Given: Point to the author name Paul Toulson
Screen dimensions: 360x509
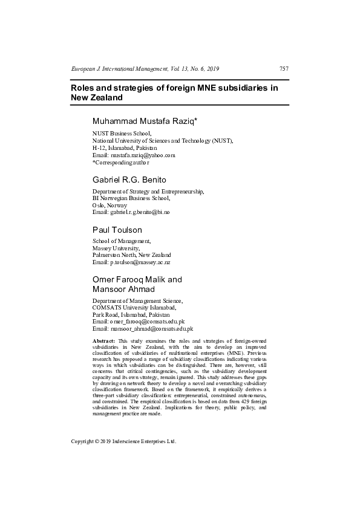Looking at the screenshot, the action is click(x=117, y=230).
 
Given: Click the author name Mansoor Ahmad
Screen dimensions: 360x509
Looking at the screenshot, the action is click(x=123, y=289).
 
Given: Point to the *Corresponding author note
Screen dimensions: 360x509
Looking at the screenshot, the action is click(x=120, y=163).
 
